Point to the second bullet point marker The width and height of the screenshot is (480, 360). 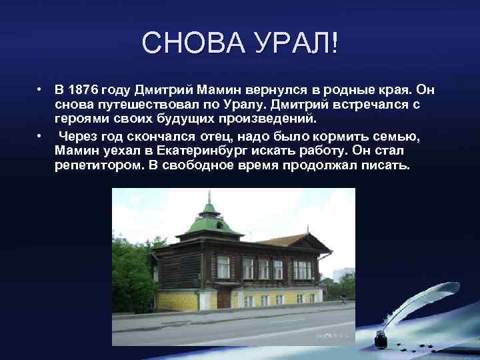coord(41,135)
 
